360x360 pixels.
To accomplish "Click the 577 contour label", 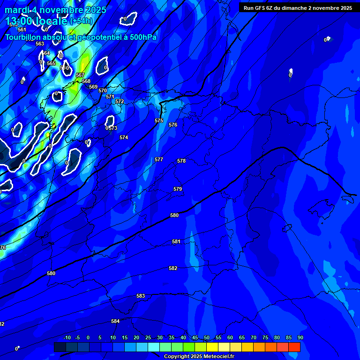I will (x=159, y=159).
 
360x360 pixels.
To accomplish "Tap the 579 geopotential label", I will (x=178, y=189).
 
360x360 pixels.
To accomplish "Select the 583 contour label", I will (x=141, y=296).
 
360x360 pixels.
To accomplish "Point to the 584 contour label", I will (x=115, y=321).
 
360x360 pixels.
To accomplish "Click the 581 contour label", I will (x=176, y=241).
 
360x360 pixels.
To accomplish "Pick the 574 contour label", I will (x=124, y=137).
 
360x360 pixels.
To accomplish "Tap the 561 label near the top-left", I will (x=22, y=30).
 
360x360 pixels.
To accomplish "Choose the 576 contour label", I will (x=173, y=125).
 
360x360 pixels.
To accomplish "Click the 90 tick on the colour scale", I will (x=300, y=337).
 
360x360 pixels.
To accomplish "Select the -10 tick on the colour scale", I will (x=67, y=337).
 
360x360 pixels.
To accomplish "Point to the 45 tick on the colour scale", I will (x=195, y=337).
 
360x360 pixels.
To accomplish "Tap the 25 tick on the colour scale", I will (x=148, y=337).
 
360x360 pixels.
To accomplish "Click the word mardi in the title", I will (x=17, y=10).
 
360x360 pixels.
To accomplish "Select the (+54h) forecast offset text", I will (x=81, y=21).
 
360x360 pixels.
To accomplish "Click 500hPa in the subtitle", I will (x=141, y=37).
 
